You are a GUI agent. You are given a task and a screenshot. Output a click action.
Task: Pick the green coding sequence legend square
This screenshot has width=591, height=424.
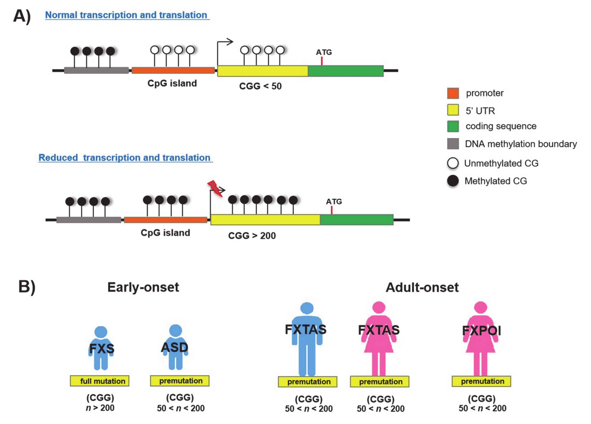tap(453, 126)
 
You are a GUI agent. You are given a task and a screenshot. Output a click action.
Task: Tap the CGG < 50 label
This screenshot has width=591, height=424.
tap(260, 86)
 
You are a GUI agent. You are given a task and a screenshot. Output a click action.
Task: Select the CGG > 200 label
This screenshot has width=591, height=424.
tap(252, 236)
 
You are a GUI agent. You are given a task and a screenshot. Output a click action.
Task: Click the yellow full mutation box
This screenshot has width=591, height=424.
tap(100, 381)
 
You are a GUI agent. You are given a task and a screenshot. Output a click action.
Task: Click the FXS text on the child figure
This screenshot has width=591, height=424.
tap(102, 348)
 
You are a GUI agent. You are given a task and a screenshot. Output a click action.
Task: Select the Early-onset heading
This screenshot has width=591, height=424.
tap(143, 287)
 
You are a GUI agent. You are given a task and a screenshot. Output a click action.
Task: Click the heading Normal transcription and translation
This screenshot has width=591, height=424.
tap(126, 15)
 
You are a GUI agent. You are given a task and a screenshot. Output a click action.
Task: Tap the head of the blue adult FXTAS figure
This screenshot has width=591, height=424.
tap(307, 308)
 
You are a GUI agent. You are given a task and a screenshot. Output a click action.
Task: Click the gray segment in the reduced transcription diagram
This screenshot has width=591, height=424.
tap(89, 220)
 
